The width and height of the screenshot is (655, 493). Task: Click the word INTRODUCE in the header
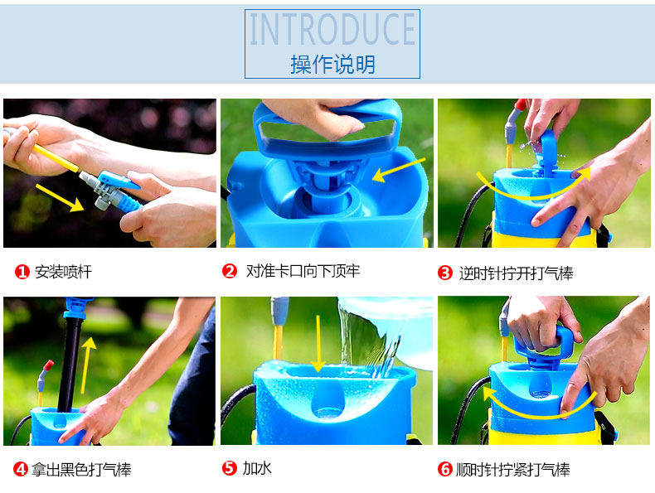click(332, 29)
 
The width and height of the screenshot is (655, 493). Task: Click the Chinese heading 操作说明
click(332, 65)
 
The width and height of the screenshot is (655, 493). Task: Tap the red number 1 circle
click(22, 272)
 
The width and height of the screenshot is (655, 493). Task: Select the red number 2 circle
click(230, 271)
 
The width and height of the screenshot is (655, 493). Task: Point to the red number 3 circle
click(445, 273)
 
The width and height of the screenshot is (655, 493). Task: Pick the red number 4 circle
click(21, 469)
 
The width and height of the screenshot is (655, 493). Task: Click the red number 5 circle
click(230, 468)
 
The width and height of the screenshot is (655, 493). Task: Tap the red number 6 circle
click(445, 469)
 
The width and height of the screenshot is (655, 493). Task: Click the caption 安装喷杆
click(64, 272)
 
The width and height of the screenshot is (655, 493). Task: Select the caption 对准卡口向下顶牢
click(303, 271)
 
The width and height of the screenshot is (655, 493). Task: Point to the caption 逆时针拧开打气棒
click(516, 273)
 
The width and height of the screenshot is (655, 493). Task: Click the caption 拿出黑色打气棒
click(81, 469)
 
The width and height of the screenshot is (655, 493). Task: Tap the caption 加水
click(257, 468)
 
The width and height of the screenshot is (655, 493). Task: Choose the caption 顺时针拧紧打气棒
click(513, 469)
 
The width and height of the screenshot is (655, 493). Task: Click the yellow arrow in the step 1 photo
click(60, 198)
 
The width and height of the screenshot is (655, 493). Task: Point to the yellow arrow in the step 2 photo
click(398, 170)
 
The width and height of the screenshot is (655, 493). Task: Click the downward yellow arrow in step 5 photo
click(318, 343)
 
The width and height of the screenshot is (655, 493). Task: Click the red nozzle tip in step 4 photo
click(48, 365)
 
